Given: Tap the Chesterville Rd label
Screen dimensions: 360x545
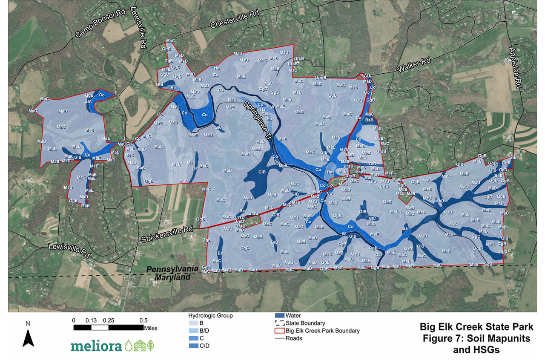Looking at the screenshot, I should coord(235,20).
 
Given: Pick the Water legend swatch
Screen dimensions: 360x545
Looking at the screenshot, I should coord(280,316).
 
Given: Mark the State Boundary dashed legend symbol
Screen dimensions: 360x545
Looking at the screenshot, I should coord(280,323).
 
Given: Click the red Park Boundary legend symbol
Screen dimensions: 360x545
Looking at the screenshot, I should coord(280,331).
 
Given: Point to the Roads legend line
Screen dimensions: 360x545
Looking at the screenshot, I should coord(280,338).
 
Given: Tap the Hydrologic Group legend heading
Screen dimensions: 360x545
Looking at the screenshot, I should coord(211,316).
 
